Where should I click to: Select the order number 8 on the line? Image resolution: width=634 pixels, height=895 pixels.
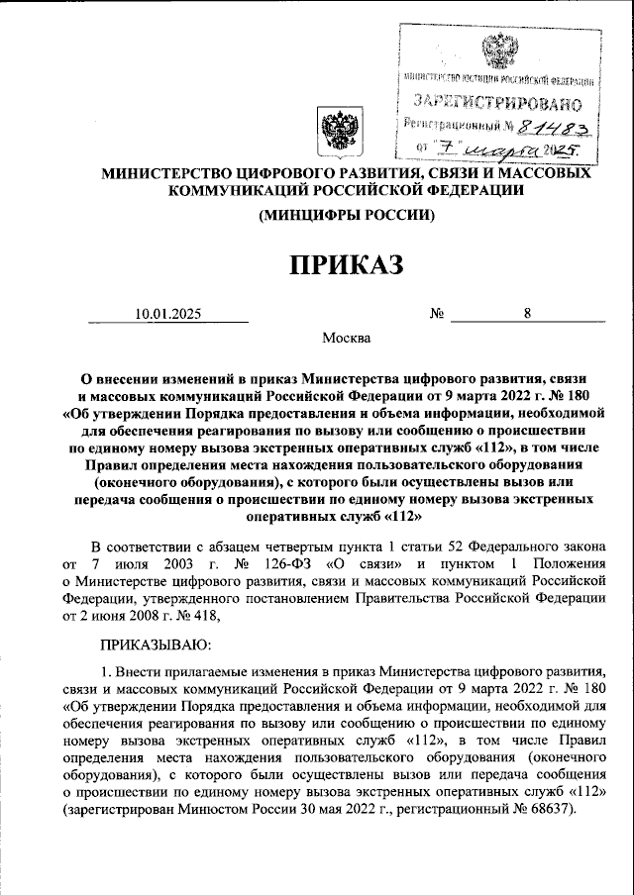point(528,314)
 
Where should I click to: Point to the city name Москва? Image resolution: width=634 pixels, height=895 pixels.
point(347,339)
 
